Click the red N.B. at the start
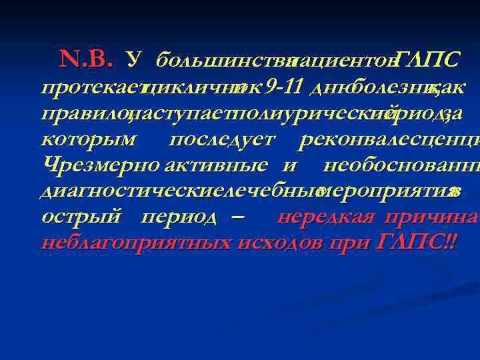point(86,61)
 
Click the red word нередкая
point(322,217)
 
